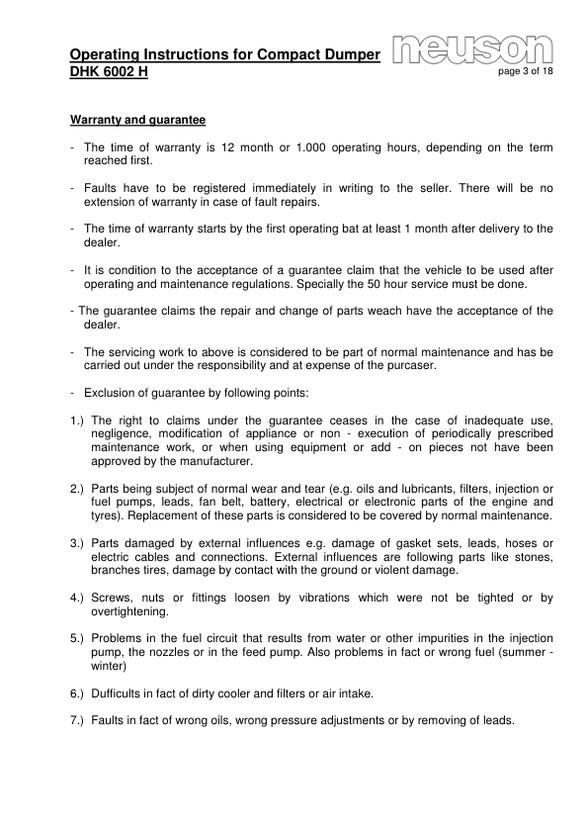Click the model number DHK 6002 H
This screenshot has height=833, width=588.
[110, 73]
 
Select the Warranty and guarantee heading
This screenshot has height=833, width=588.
[137, 121]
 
